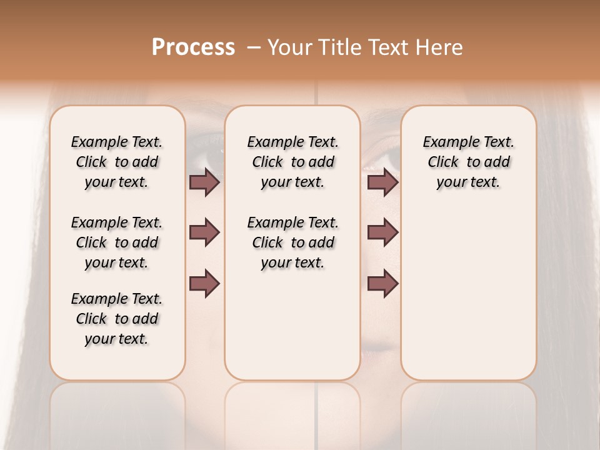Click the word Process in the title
(x=193, y=47)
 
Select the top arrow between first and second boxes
(x=204, y=182)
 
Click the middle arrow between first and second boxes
(x=204, y=232)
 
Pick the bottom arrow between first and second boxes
(x=204, y=283)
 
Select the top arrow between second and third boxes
(x=382, y=182)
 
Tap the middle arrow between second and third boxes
(x=382, y=232)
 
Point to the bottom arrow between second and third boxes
(x=382, y=283)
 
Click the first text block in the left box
(x=117, y=162)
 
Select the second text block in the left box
(x=117, y=242)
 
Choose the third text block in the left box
(x=117, y=319)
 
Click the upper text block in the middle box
(x=292, y=162)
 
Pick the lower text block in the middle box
(x=292, y=242)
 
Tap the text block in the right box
(x=469, y=162)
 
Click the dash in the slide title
(x=254, y=47)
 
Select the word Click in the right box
(x=443, y=162)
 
